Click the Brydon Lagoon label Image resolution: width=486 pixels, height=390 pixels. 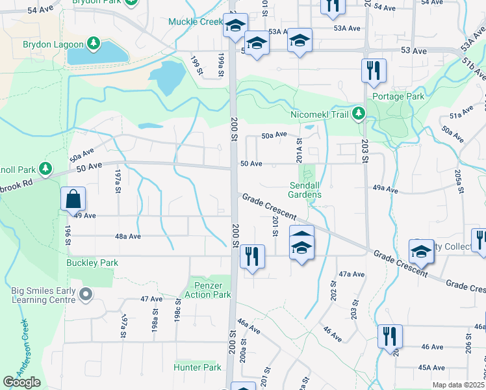(x=53, y=44)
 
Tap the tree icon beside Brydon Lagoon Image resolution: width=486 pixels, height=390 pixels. (x=94, y=44)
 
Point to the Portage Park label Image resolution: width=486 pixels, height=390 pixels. (x=398, y=96)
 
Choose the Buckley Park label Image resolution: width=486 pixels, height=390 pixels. (x=92, y=263)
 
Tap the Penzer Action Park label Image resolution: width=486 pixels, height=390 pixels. (x=212, y=290)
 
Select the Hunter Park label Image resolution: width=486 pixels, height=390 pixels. (x=198, y=367)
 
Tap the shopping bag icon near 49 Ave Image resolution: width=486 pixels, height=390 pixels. (x=73, y=200)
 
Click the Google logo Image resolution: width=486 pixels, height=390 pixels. (x=21, y=382)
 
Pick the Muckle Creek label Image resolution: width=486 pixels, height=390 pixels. (x=196, y=21)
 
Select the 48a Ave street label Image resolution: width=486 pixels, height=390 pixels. (x=127, y=237)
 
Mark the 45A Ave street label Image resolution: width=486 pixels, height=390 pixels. (x=431, y=367)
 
